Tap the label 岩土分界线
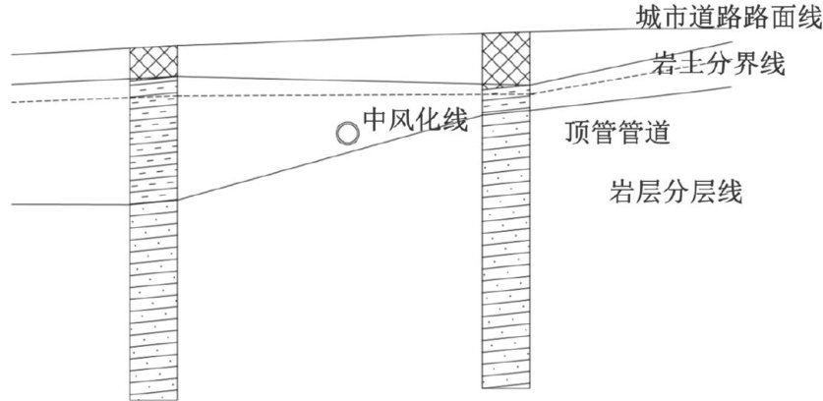click(718, 66)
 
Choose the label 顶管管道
click(618, 132)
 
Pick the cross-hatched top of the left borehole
click(152, 63)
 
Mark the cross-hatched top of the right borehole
click(505, 59)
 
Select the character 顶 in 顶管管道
click(580, 132)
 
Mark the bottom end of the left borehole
click(152, 396)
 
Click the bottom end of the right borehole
click(505, 386)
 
